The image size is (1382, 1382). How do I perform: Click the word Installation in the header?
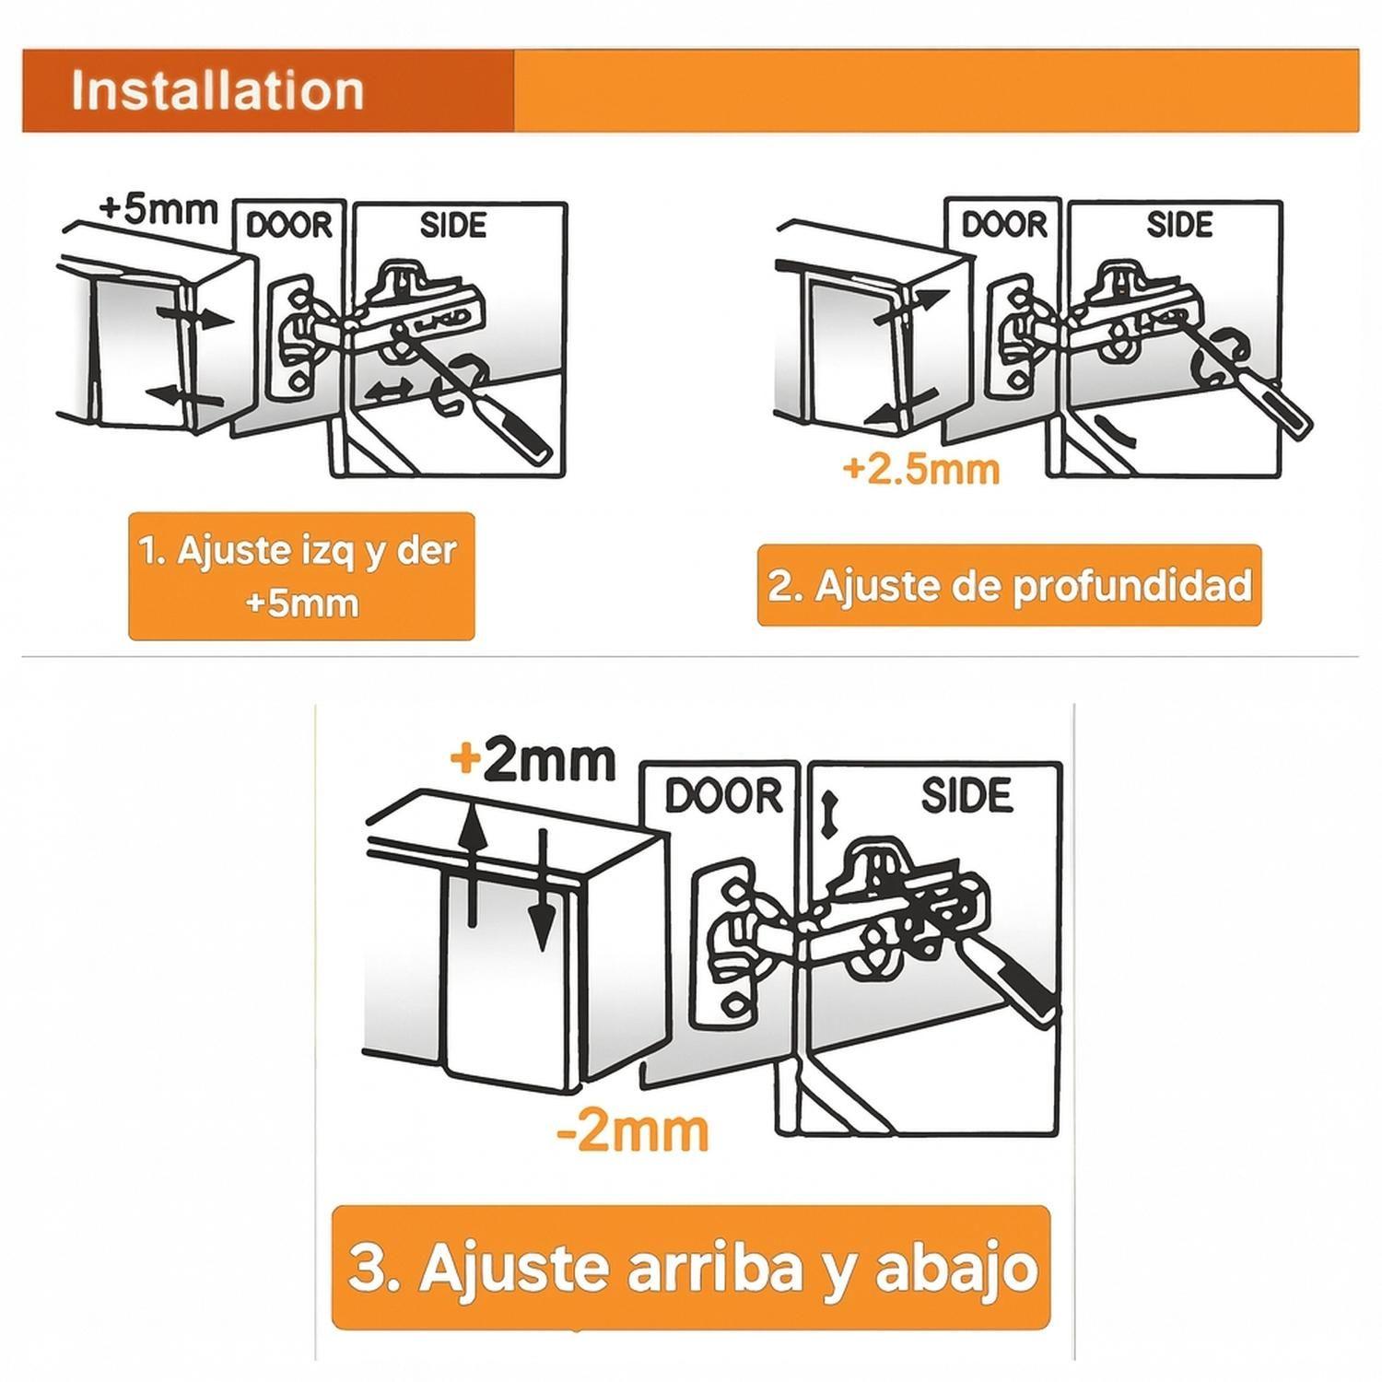click(217, 90)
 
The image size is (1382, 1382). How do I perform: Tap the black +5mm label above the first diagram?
click(158, 208)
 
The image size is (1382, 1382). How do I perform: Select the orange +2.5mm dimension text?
click(920, 469)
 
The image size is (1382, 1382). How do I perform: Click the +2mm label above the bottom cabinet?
click(533, 761)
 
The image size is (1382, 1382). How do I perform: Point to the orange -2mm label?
click(633, 1131)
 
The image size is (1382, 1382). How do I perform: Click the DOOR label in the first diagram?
click(289, 225)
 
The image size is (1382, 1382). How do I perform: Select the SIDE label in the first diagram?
click(452, 225)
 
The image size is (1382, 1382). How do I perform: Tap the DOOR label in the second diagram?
click(1004, 224)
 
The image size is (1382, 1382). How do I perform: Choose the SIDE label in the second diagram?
click(1178, 224)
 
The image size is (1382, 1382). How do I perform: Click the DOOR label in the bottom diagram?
click(723, 796)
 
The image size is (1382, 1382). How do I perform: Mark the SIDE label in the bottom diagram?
click(966, 795)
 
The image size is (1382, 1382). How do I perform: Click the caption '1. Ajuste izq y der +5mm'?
click(301, 577)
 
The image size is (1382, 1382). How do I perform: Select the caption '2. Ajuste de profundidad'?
click(1009, 586)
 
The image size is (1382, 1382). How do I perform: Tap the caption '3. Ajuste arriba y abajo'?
click(691, 1268)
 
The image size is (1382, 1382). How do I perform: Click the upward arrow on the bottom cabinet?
click(473, 861)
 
